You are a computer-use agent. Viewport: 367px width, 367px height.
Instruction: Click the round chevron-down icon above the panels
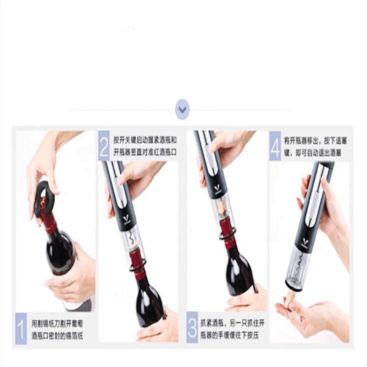coord(182,110)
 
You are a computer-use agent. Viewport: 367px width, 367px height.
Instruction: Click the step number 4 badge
coord(275,146)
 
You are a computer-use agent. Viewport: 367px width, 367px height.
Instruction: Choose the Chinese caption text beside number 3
coord(232,329)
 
